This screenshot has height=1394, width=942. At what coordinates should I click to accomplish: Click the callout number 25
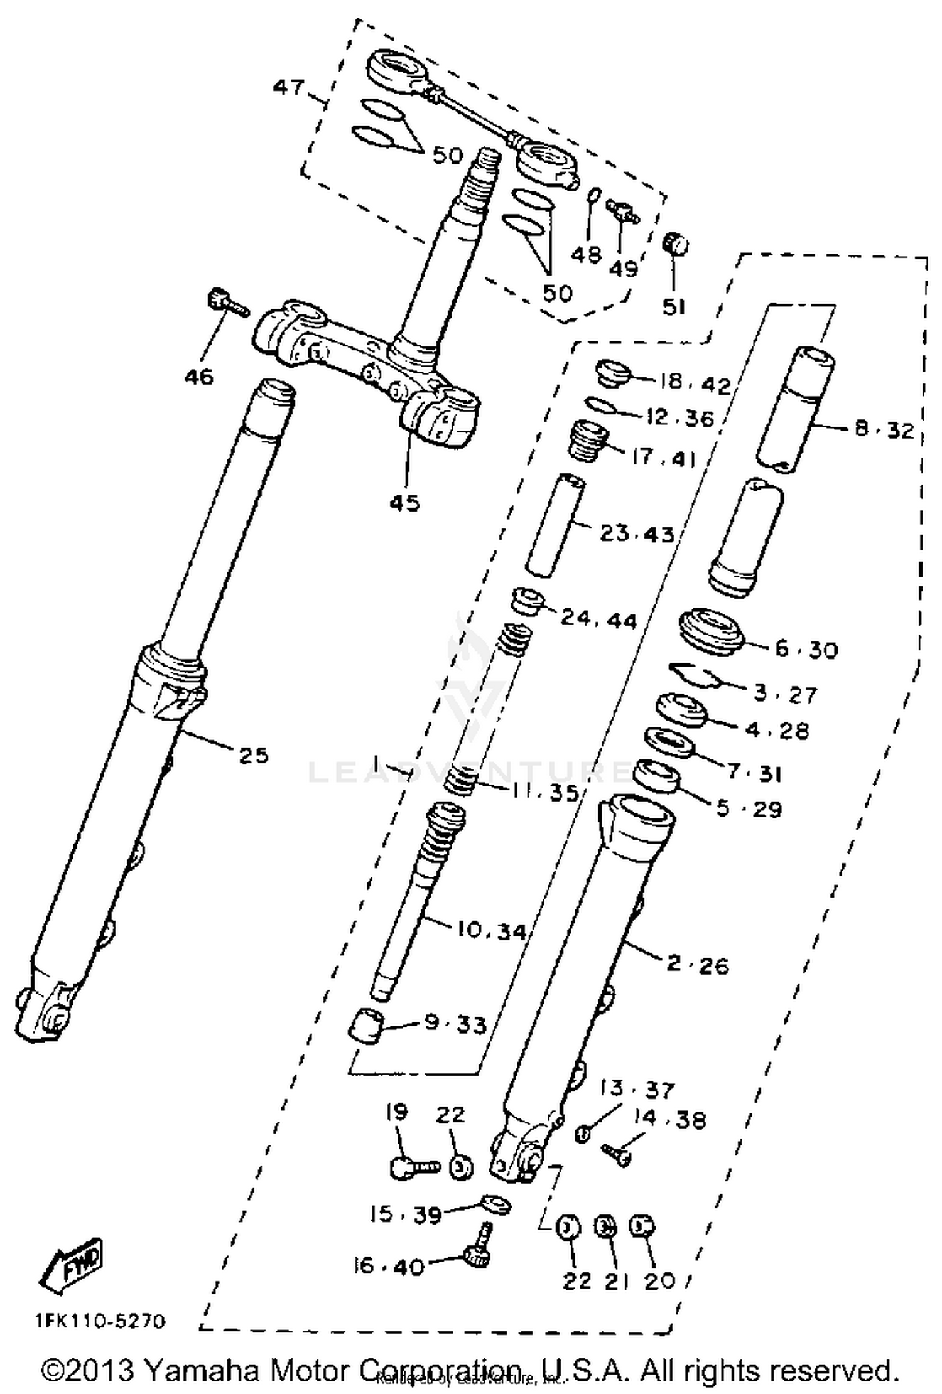pyautogui.click(x=253, y=755)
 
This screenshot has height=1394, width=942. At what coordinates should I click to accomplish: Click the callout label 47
pyautogui.click(x=289, y=87)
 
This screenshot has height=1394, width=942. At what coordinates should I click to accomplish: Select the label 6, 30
pyautogui.click(x=806, y=649)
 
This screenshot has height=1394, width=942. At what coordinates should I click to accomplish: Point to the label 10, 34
pyautogui.click(x=491, y=931)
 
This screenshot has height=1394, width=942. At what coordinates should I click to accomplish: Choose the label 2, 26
pyautogui.click(x=697, y=965)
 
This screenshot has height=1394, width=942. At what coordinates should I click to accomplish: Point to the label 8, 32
pyautogui.click(x=884, y=430)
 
